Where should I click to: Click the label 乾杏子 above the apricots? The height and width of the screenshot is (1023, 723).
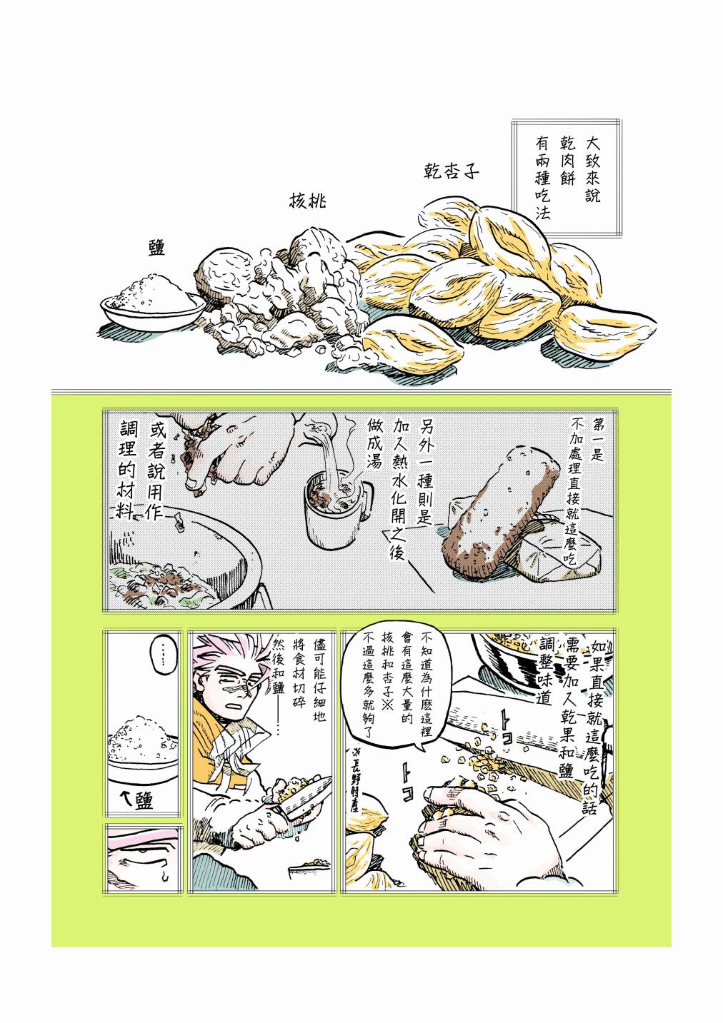[x=451, y=171]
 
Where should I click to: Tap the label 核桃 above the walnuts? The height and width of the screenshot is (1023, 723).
[x=308, y=200]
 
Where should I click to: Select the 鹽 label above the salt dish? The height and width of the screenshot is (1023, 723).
[x=156, y=247]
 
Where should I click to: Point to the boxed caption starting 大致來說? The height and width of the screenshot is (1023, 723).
[x=567, y=178]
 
